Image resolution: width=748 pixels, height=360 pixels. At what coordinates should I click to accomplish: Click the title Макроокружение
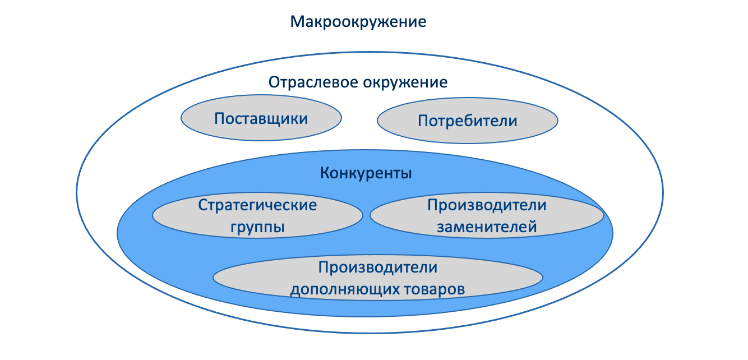[x=359, y=22]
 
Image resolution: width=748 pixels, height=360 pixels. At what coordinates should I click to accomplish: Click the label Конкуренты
[x=366, y=173]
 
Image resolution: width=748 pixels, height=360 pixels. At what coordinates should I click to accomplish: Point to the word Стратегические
[x=257, y=205]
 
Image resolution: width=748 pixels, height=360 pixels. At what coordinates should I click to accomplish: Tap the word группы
[x=257, y=227]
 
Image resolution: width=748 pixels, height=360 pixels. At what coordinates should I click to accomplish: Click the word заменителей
[x=487, y=227]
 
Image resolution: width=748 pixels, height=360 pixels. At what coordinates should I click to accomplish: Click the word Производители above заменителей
[x=487, y=205]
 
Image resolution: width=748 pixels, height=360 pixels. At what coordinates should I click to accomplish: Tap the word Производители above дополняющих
[x=377, y=267]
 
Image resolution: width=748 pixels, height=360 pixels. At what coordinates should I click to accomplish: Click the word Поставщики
[x=261, y=119]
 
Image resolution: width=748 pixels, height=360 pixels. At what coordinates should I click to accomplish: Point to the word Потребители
[x=468, y=121]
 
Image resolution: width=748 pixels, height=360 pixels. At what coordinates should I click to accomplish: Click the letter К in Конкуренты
[x=325, y=173]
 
